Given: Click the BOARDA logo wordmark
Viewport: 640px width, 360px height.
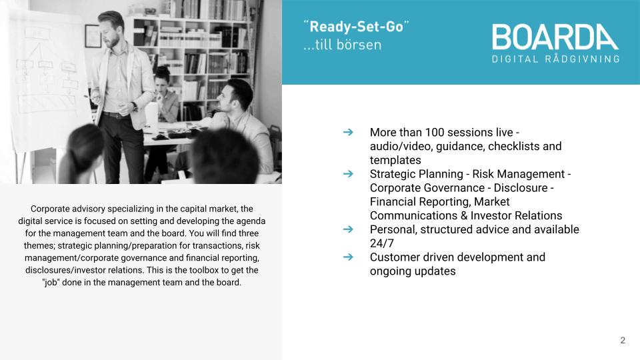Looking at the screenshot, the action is pyautogui.click(x=555, y=37).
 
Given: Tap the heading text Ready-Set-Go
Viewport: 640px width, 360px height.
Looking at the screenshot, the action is pyautogui.click(x=356, y=27).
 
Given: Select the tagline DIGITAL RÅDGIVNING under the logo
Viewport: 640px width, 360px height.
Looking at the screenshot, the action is pyautogui.click(x=555, y=59).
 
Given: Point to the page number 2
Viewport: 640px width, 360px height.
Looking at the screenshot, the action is pyautogui.click(x=623, y=341).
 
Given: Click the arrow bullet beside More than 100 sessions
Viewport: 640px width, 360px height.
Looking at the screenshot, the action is pyautogui.click(x=348, y=132).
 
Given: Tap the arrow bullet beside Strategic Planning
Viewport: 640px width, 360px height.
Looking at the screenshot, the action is pyautogui.click(x=348, y=173).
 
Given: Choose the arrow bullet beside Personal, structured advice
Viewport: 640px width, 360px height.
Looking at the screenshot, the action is pyautogui.click(x=348, y=229).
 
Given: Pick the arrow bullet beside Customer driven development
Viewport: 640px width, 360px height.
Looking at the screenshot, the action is pyautogui.click(x=348, y=257).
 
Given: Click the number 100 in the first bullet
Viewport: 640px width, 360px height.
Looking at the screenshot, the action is pyautogui.click(x=435, y=132).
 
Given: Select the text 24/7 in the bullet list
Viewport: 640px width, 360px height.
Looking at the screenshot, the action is pyautogui.click(x=381, y=243).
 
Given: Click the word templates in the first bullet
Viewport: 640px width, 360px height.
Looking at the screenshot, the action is pyautogui.click(x=395, y=160).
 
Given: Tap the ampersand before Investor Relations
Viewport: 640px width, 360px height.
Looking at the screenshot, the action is pyautogui.click(x=463, y=215).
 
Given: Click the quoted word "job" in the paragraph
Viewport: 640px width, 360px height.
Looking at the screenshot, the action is pyautogui.click(x=51, y=283).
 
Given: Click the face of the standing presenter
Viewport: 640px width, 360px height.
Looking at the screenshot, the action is pyautogui.click(x=111, y=34).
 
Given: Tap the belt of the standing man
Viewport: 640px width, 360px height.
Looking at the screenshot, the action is pyautogui.click(x=116, y=115).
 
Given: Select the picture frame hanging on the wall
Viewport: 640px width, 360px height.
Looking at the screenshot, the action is pyautogui.click(x=93, y=36).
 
